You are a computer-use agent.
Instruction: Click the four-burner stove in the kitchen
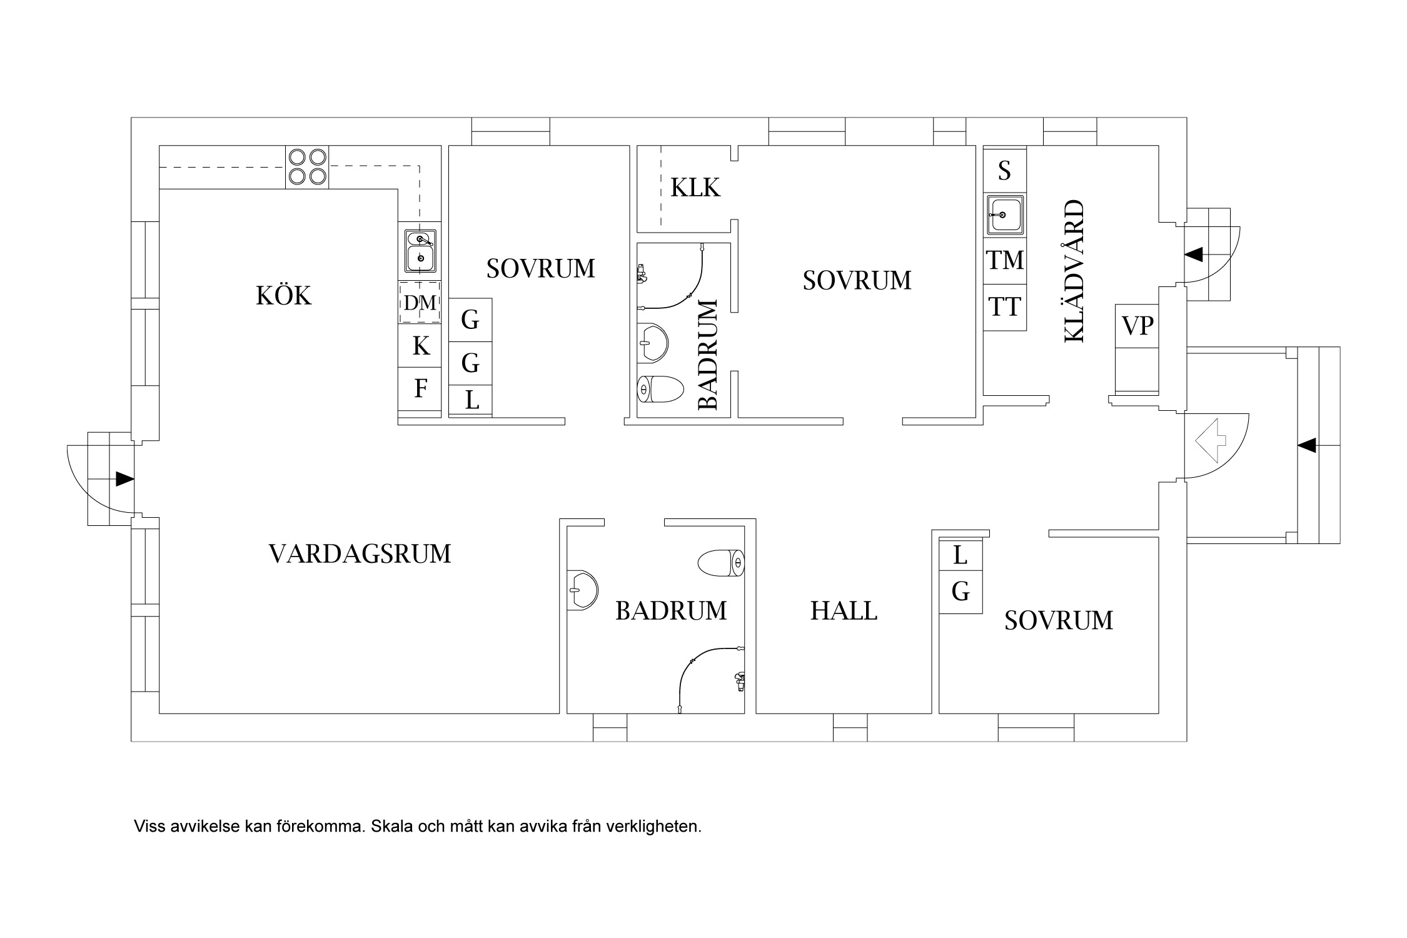point(307,167)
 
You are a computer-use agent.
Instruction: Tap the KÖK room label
point(283,296)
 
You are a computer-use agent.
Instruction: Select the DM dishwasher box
point(420,303)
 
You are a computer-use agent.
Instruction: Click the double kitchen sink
point(420,250)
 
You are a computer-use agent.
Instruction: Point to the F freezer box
point(420,389)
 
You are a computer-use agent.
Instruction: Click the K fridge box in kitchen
point(420,346)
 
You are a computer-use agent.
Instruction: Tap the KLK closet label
point(695,188)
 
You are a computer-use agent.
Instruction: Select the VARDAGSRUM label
point(360,554)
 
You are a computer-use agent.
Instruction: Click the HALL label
point(844,611)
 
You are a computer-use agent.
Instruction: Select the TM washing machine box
point(1005,260)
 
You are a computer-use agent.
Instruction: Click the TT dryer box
point(1005,307)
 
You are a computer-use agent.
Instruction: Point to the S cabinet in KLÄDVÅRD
point(1005,170)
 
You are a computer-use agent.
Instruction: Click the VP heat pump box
point(1137,326)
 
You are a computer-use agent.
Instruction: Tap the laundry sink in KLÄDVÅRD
point(1005,214)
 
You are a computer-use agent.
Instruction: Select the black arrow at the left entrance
point(124,480)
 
